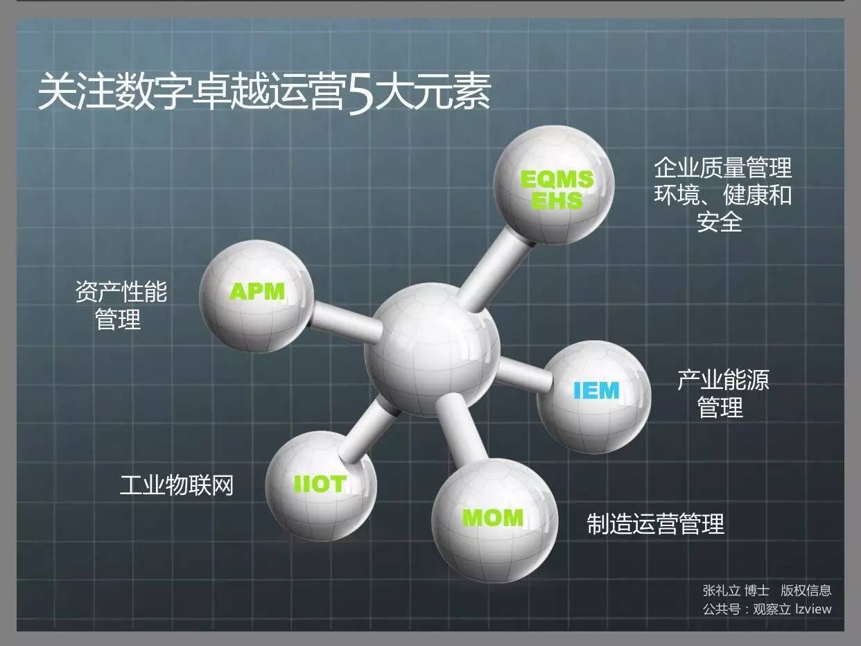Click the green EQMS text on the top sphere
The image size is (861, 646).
557,180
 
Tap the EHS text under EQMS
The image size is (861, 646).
557,200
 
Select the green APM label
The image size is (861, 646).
257,291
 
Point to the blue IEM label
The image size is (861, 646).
596,390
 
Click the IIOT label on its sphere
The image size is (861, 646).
320,484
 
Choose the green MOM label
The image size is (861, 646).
493,517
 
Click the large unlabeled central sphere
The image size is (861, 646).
431,349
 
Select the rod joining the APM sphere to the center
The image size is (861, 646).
345,322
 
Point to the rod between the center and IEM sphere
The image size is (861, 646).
523,374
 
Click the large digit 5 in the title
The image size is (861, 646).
360,95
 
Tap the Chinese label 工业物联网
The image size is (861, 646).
177,484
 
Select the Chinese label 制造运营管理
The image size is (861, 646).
656,524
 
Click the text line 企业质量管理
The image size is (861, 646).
723,168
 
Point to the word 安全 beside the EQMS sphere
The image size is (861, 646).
720,222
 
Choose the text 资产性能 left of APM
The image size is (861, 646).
121,291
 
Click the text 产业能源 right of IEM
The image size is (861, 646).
723,380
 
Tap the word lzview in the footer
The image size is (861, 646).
813,609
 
